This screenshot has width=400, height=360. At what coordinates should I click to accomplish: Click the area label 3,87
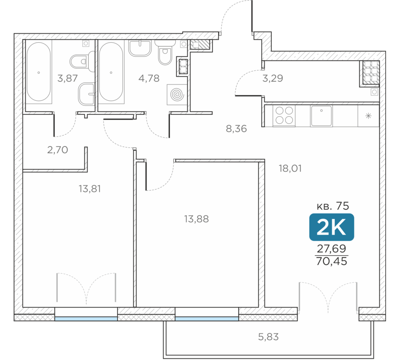point(67,78)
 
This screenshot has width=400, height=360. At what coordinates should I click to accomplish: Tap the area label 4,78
point(149,78)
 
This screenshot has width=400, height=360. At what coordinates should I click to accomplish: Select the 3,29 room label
point(273,78)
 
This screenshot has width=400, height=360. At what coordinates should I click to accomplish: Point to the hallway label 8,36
point(236,128)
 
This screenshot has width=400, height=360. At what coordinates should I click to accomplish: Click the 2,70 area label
point(58,150)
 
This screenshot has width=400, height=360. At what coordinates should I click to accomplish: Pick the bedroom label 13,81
point(90,189)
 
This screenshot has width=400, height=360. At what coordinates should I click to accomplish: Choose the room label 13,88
point(196,219)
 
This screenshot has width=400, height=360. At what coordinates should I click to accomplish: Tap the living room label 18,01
point(290,168)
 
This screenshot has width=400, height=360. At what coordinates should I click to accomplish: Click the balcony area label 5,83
point(268,337)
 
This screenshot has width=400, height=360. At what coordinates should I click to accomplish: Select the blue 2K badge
point(331,227)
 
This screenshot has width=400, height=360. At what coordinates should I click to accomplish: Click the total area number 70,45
point(332,261)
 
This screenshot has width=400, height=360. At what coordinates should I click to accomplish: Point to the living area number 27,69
point(332,248)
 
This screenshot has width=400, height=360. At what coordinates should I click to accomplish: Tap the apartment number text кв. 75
point(333,206)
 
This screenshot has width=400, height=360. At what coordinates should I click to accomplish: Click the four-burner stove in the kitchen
point(284,115)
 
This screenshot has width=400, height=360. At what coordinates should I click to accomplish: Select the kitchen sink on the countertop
point(322,116)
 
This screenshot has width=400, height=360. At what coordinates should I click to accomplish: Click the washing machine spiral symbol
point(177,95)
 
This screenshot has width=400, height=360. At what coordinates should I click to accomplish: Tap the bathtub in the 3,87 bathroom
point(39,72)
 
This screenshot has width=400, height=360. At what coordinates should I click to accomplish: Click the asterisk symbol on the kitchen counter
point(368,116)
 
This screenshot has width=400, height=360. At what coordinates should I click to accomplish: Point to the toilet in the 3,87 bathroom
point(82,62)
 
